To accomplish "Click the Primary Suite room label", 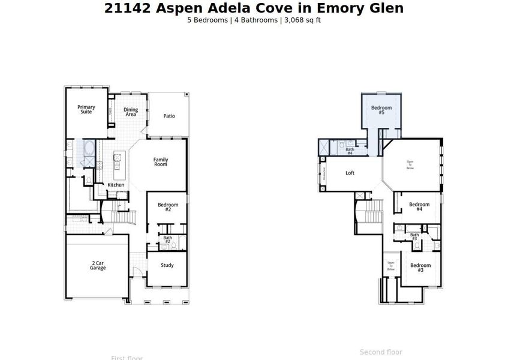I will [x=86, y=109].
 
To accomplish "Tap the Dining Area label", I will [x=131, y=112].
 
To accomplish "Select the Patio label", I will [x=169, y=116].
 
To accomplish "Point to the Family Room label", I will [x=160, y=162].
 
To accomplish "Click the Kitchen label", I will [x=116, y=185].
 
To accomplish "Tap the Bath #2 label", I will [x=167, y=239].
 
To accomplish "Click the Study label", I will [x=167, y=265].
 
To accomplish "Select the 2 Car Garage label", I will [x=98, y=265].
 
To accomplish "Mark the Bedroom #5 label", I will [x=381, y=110].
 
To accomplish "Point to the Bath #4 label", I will [x=349, y=151].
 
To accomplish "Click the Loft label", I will [x=350, y=173].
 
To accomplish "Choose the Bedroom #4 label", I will [x=419, y=206].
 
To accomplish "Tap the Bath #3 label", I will [x=414, y=236].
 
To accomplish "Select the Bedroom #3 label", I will [x=420, y=267].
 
